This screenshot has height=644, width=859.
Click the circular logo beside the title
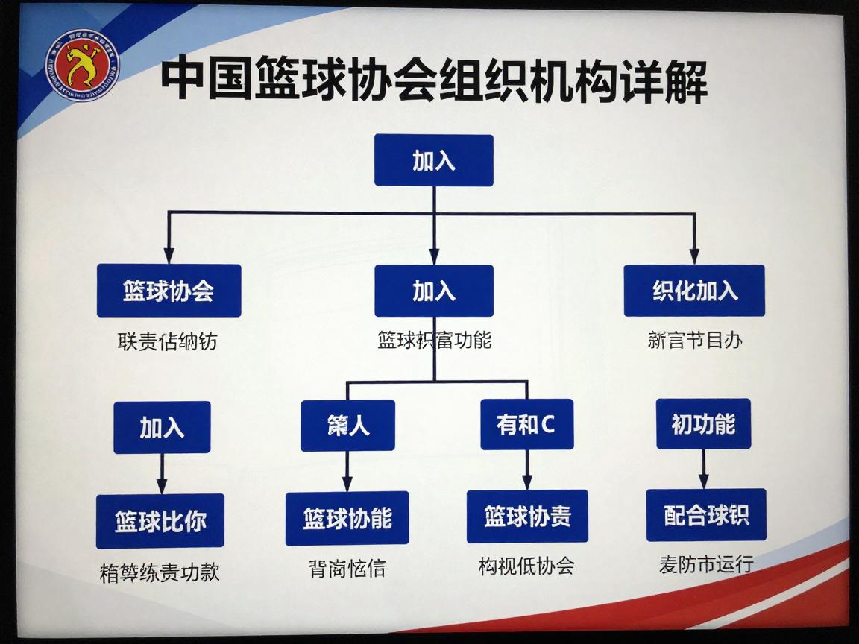(83, 69)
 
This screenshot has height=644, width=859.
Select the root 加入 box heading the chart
(433, 160)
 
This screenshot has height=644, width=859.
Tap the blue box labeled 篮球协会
(169, 291)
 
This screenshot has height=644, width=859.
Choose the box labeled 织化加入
(694, 291)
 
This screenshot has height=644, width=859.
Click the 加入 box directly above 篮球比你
(162, 427)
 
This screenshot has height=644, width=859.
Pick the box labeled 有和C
(526, 424)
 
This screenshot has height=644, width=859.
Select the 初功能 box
(703, 424)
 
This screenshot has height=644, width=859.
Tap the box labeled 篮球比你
(160, 520)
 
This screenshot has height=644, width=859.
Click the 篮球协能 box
(347, 518)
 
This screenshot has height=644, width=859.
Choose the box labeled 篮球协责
(527, 516)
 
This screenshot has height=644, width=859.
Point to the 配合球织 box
(705, 514)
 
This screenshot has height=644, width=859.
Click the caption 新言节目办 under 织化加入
(695, 341)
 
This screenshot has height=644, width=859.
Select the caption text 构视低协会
(526, 566)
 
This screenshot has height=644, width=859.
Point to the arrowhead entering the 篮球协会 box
(169, 256)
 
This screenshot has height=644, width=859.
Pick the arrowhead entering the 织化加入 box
(694, 256)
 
